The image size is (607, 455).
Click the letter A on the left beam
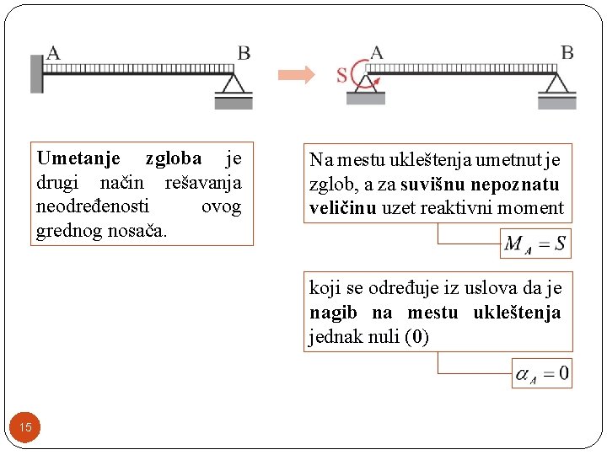[x=53, y=52]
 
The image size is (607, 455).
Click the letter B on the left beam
[x=244, y=52]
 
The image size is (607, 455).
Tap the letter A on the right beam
[x=376, y=52]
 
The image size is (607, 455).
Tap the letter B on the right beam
[x=567, y=52]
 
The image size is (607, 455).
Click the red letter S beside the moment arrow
[x=341, y=75]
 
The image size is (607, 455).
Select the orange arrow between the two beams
[x=297, y=74]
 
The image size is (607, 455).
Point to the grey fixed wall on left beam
[x=36, y=73]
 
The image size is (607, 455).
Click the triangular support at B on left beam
[x=234, y=85]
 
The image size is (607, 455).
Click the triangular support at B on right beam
[x=557, y=85]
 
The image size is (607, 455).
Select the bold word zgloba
[x=173, y=158]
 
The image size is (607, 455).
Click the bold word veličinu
[x=341, y=207]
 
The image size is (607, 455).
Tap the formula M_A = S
[x=535, y=244]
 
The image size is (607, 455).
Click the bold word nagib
[x=333, y=313]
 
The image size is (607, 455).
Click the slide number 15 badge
[x=25, y=427]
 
